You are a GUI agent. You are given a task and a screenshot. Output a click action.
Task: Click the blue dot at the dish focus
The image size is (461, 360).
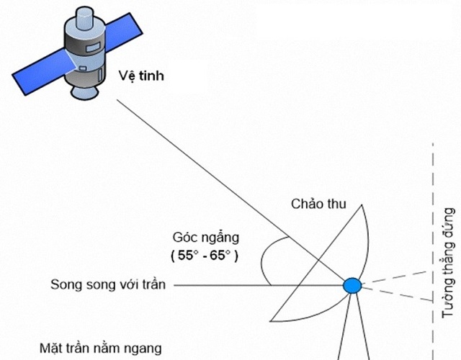pyautogui.click(x=352, y=285)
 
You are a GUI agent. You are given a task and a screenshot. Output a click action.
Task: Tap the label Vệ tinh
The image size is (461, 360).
pyautogui.click(x=140, y=74)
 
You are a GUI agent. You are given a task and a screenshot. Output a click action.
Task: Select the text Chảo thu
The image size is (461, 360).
pyautogui.click(x=319, y=204)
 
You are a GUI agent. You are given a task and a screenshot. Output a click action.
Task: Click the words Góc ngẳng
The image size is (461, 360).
pyautogui.click(x=205, y=237)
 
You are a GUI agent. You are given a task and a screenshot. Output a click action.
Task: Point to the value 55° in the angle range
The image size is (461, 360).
pyautogui.click(x=186, y=256)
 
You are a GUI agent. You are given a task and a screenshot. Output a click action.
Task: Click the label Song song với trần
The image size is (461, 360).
pyautogui.click(x=108, y=284)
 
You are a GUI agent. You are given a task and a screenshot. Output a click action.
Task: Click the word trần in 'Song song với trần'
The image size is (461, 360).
pyautogui.click(x=153, y=284)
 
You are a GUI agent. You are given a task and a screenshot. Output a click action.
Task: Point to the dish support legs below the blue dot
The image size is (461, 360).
pyautogui.click(x=352, y=331)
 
